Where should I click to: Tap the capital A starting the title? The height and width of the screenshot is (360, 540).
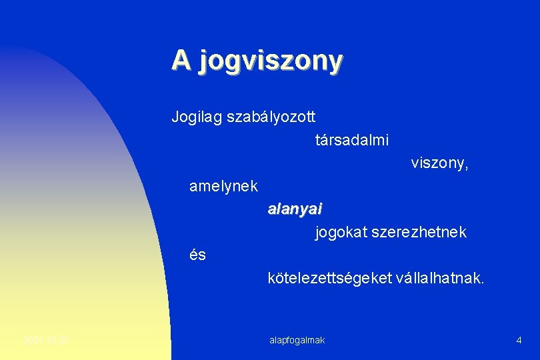click(180, 59)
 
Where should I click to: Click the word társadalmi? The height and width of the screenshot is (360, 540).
click(352, 141)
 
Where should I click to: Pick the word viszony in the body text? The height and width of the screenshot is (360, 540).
click(437, 163)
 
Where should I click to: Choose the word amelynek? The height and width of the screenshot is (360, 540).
click(223, 187)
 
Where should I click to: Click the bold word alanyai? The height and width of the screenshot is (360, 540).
click(295, 209)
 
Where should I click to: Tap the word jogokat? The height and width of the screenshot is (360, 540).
click(339, 233)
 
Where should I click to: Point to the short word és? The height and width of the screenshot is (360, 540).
click(198, 255)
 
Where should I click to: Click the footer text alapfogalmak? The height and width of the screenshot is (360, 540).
click(297, 341)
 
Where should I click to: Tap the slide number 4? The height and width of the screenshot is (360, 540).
click(519, 341)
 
